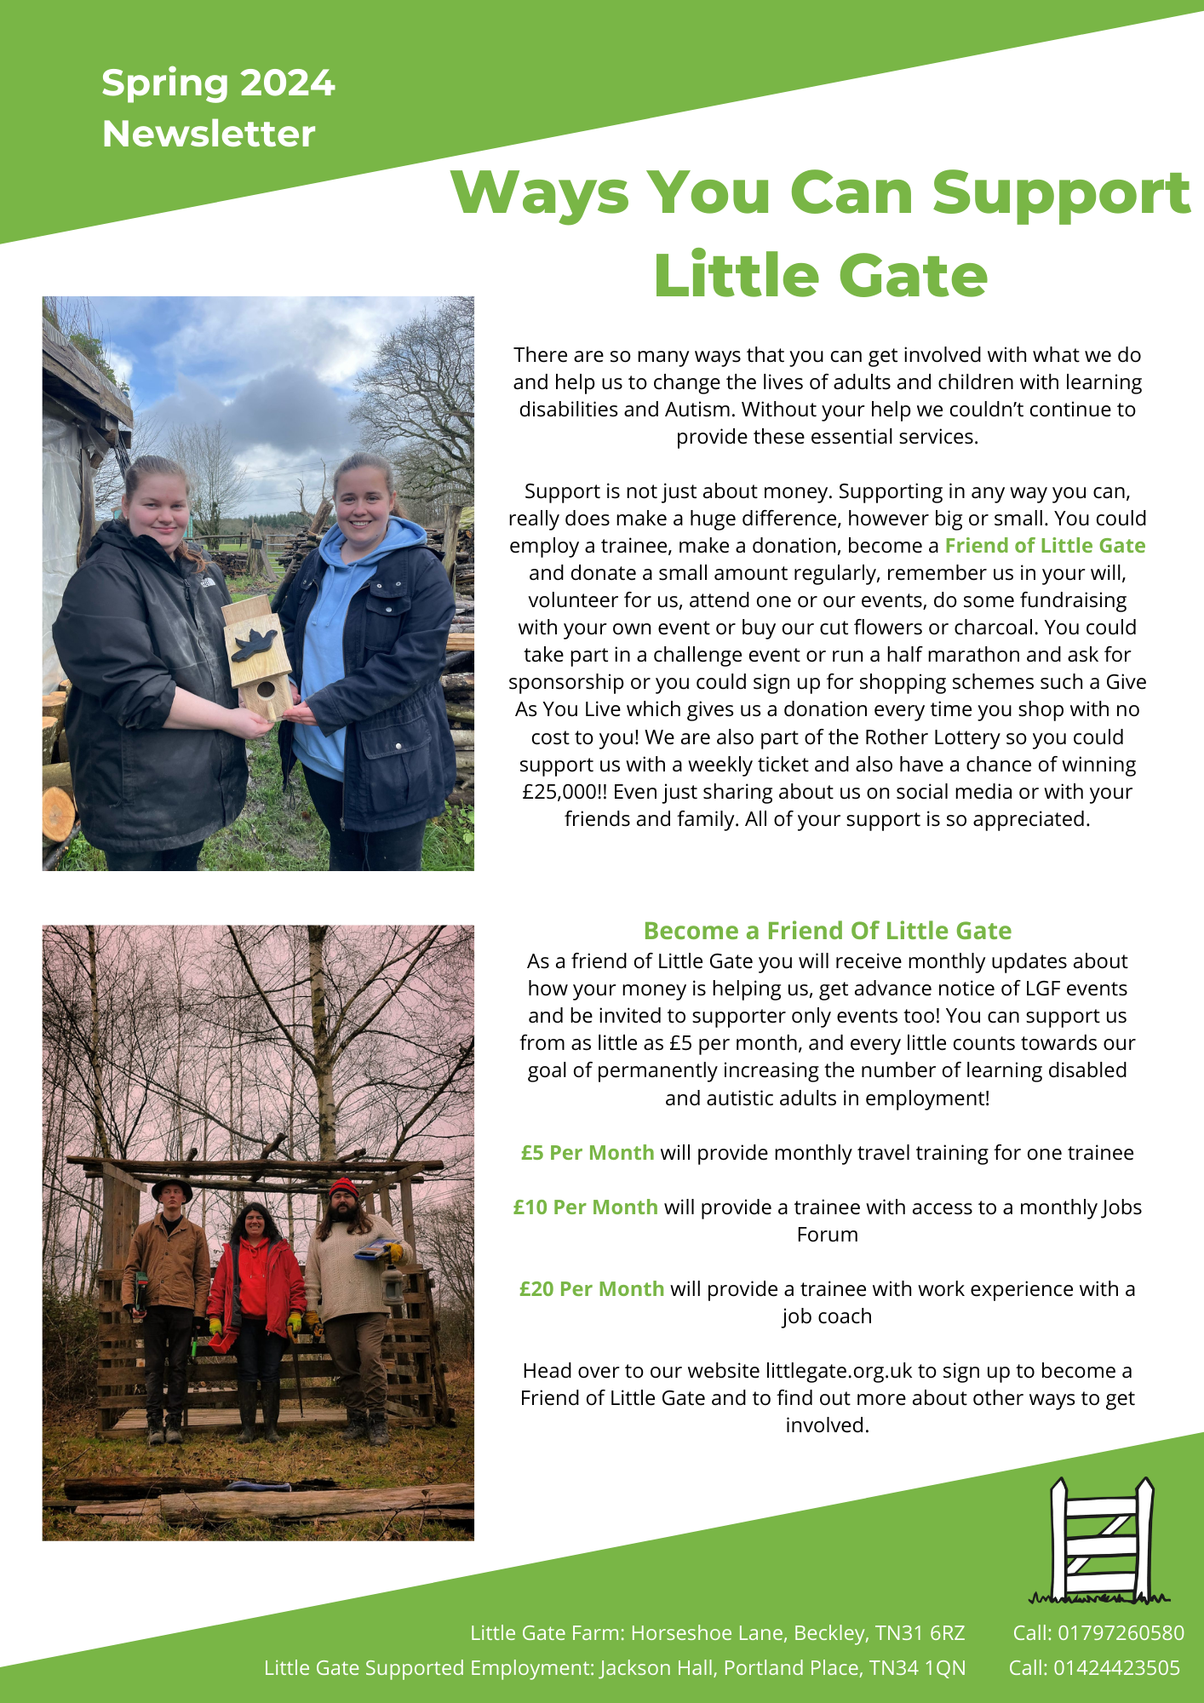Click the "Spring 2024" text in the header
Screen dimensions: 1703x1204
point(218,83)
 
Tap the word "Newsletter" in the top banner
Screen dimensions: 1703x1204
point(209,135)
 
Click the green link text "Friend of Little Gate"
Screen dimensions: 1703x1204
point(1045,546)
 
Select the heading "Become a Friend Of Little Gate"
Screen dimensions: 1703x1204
point(827,931)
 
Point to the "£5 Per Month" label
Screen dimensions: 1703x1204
point(588,1153)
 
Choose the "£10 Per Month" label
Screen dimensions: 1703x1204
point(585,1207)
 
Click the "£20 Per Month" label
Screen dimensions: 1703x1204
point(591,1289)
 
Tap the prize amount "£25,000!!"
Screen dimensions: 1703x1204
point(565,792)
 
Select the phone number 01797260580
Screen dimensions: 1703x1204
point(1121,1633)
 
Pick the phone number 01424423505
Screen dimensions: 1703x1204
point(1116,1668)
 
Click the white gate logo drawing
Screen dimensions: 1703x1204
point(1100,1541)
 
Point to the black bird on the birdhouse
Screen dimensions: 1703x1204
point(254,645)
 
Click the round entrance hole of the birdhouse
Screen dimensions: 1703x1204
point(266,688)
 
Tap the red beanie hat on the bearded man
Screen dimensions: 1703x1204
point(343,1188)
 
